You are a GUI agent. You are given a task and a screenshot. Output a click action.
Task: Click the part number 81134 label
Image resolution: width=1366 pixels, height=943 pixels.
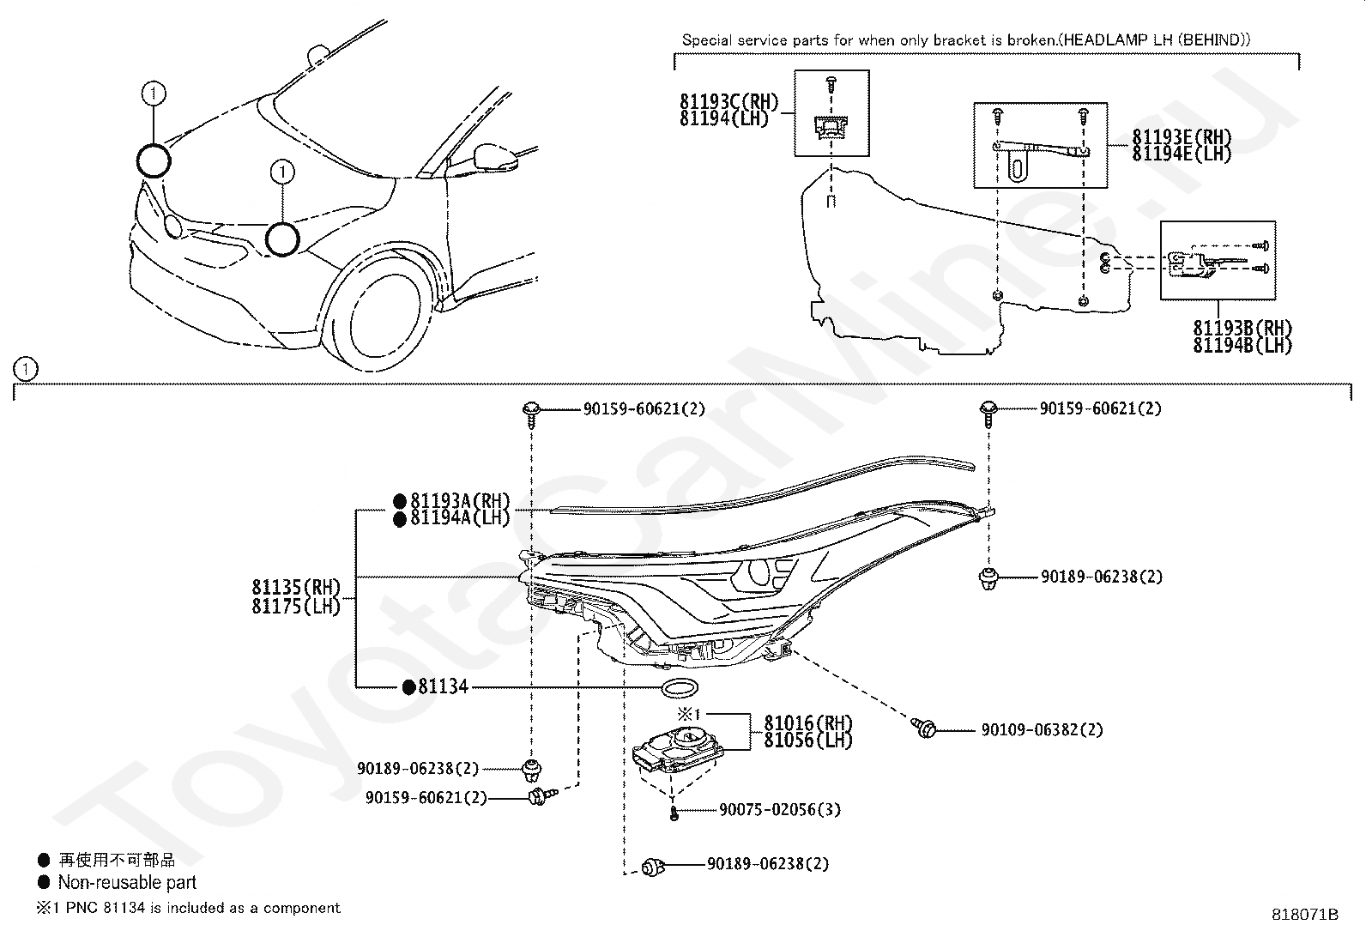click(443, 686)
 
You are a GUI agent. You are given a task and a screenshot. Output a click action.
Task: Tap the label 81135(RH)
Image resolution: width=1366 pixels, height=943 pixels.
click(296, 588)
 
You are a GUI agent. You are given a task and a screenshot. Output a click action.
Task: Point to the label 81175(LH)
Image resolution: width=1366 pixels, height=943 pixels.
click(296, 606)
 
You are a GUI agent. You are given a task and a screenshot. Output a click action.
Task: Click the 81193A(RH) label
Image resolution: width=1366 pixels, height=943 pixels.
click(460, 501)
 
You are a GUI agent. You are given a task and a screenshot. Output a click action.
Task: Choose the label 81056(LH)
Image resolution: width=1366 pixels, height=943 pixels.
click(808, 740)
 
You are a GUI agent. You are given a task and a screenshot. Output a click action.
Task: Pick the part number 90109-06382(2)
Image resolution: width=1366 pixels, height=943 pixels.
click(1042, 729)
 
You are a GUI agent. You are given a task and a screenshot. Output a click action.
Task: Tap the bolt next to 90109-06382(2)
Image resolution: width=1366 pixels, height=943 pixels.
click(924, 728)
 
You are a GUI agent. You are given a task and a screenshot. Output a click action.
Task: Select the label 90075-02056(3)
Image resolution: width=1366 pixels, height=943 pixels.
click(780, 809)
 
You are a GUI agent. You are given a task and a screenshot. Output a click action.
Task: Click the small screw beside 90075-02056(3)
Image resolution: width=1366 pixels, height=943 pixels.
click(674, 811)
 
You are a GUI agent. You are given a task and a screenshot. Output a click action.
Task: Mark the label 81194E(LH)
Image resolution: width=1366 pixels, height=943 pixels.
click(1182, 154)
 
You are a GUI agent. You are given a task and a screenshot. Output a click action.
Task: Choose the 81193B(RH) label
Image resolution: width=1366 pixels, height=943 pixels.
click(1242, 328)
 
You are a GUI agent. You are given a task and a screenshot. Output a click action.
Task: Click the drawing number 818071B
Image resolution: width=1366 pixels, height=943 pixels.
click(1305, 915)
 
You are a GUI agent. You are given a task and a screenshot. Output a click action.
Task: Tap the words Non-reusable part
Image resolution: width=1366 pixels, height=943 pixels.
click(127, 882)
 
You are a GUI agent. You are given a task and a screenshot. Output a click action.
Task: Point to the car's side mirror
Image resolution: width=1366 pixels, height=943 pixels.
click(498, 158)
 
